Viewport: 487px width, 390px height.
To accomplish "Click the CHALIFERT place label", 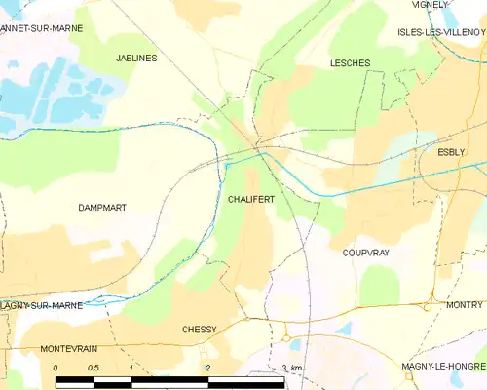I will click(x=250, y=199).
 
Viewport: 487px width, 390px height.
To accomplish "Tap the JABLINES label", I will click(x=136, y=58).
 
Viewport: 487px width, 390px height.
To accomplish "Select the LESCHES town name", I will click(x=350, y=63).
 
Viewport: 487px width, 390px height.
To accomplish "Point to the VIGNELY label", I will click(x=431, y=5).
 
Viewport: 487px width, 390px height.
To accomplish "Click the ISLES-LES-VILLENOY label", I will click(x=441, y=31).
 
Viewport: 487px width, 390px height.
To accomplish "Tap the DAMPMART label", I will click(x=102, y=208).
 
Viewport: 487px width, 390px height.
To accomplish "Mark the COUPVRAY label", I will click(x=366, y=252).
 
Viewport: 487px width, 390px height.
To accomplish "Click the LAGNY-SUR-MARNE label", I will click(x=40, y=306).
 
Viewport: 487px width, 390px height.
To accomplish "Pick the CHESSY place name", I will click(x=199, y=330).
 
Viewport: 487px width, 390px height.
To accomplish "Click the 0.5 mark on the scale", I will click(x=93, y=368).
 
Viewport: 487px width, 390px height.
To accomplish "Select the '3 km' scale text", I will click(x=291, y=368).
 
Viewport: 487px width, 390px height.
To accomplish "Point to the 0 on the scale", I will click(x=56, y=368).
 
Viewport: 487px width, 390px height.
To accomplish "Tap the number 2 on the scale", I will click(x=207, y=368).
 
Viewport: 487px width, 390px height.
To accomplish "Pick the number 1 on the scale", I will click(x=131, y=368).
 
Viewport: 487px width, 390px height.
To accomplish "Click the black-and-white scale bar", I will click(x=169, y=379).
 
